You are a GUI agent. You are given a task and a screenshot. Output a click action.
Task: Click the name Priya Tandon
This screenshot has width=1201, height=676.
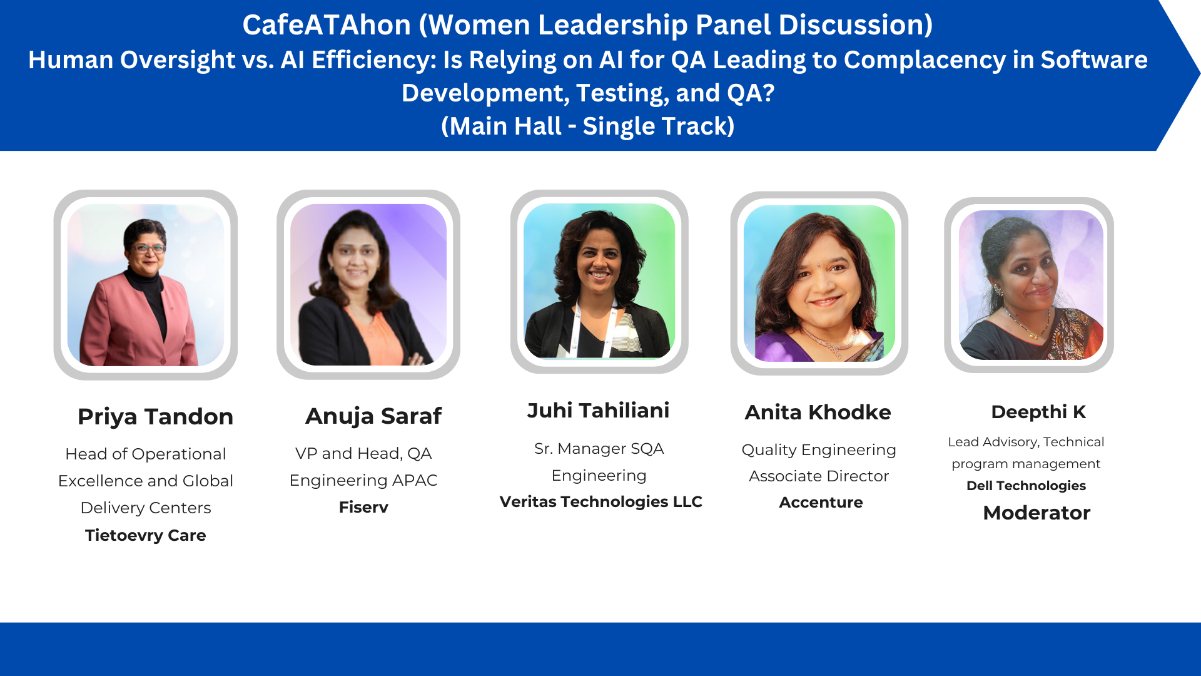coord(155,417)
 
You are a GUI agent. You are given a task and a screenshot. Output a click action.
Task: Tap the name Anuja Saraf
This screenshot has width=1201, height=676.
coord(373,416)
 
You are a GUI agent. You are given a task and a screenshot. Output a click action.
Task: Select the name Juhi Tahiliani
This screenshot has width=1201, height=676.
coord(598,411)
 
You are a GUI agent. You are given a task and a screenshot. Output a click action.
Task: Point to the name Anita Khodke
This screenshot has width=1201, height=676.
coord(818,412)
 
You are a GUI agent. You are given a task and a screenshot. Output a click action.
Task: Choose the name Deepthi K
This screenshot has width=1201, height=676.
coord(1038,412)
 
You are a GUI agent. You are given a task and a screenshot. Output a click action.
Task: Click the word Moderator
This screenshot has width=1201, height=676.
coord(1036,513)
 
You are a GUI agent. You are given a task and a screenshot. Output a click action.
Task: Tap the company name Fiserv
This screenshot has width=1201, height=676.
coord(363,507)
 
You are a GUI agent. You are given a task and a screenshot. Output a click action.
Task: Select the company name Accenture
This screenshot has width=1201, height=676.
coord(821,502)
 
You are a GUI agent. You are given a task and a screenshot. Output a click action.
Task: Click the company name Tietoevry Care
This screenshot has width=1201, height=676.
coord(146,535)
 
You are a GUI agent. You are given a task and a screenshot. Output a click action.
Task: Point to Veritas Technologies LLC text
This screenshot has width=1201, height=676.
coord(600,502)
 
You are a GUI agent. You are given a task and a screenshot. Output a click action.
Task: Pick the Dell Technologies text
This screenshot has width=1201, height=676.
coord(1026,486)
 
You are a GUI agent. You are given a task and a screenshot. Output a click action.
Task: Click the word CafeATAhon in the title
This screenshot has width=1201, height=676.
coord(327,25)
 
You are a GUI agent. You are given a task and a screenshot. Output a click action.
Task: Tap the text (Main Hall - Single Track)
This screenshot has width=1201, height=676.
coord(588,126)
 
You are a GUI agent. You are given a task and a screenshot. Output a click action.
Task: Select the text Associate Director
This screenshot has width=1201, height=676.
coord(819,476)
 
